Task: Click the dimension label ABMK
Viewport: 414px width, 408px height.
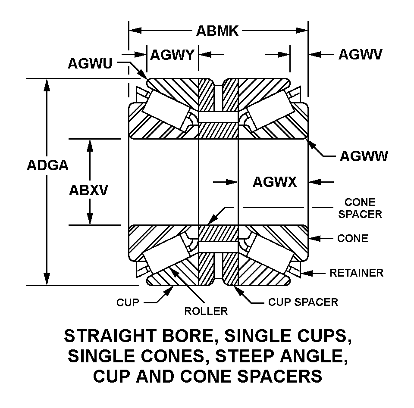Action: pyautogui.click(x=217, y=31)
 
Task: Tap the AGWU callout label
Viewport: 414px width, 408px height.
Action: pyautogui.click(x=90, y=63)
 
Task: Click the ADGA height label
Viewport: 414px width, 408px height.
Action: pyautogui.click(x=47, y=165)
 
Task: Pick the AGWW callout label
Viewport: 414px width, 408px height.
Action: pyautogui.click(x=364, y=156)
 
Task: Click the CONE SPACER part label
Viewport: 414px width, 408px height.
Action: pyautogui.click(x=360, y=208)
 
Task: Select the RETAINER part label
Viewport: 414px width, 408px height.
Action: pyautogui.click(x=356, y=273)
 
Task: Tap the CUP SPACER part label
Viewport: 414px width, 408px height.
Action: pyautogui.click(x=303, y=302)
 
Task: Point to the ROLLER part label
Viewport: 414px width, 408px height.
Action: pyautogui.click(x=206, y=311)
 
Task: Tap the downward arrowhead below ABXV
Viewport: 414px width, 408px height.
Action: pyautogui.click(x=90, y=220)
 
